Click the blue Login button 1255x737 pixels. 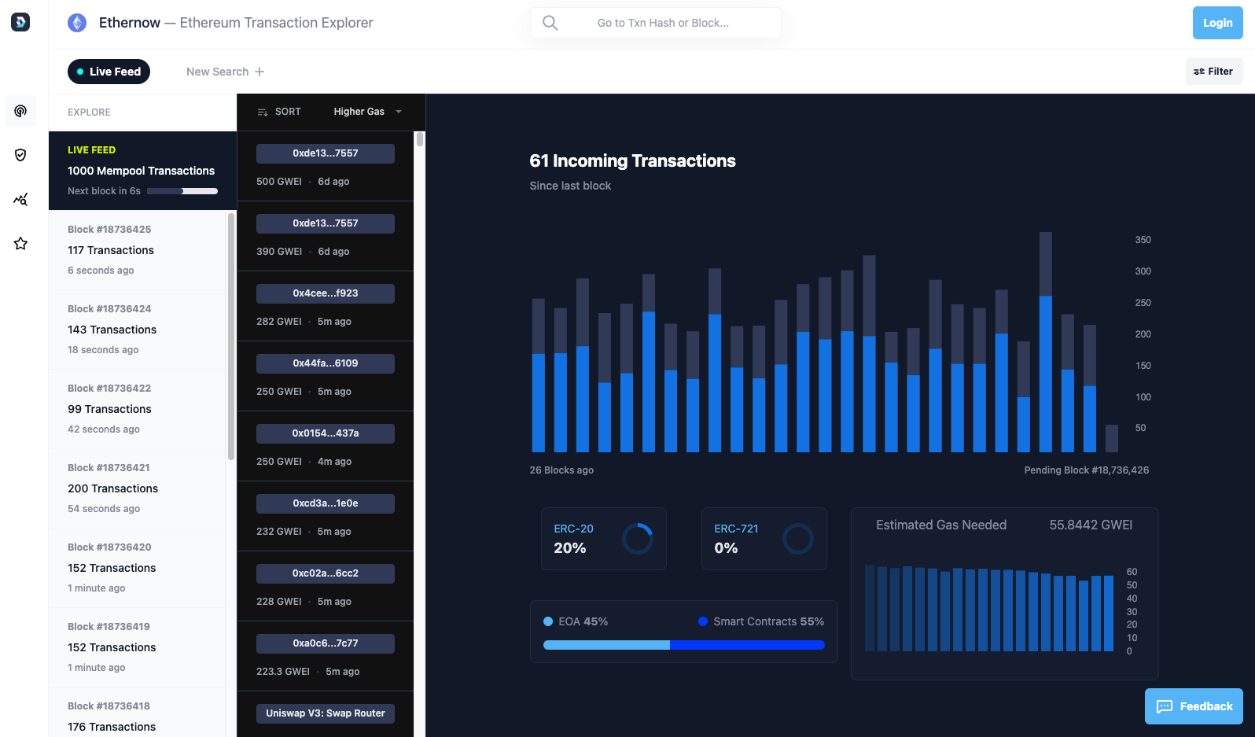1217,23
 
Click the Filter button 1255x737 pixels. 1213,72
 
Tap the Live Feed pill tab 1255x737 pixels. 109,72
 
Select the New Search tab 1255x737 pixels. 225,72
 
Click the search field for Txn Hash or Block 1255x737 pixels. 662,23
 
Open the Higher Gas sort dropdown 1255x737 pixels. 366,112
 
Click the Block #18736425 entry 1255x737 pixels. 137,249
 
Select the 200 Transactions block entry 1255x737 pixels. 137,488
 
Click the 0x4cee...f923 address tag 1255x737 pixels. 325,293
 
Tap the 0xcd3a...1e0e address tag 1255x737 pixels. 325,503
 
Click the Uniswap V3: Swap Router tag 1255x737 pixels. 325,713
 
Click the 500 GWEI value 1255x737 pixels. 278,182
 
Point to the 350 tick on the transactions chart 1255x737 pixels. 1143,240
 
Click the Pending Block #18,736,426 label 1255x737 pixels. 1086,470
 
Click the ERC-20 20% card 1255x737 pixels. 603,539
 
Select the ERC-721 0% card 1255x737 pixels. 764,539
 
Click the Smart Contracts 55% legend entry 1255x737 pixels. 760,621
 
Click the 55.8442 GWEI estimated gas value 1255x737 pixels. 1090,525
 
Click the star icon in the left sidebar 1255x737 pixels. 20,244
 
